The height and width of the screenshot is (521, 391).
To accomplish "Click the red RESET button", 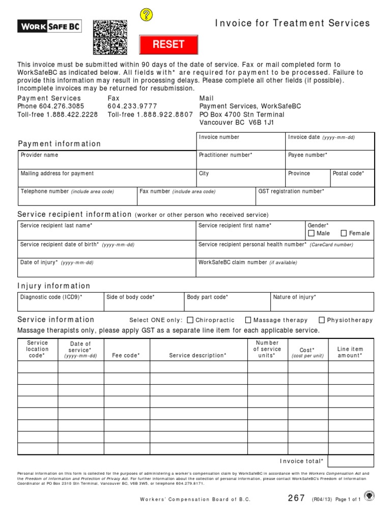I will [169, 44].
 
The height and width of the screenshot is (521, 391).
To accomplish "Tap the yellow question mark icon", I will [146, 15].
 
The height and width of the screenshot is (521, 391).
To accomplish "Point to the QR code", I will [110, 37].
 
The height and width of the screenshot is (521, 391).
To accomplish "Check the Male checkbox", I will [312, 234].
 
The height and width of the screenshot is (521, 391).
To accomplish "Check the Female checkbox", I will [344, 234].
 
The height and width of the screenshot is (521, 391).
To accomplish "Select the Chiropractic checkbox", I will [190, 320].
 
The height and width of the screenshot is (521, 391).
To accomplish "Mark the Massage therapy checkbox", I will [248, 320].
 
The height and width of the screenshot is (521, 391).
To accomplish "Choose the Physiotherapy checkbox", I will [322, 320].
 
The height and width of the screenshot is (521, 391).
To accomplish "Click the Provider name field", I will [107, 162].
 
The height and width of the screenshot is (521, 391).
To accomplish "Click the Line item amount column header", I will [350, 352].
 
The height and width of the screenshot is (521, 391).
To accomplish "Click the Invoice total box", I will [351, 461].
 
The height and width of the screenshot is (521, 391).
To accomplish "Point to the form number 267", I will [296, 498].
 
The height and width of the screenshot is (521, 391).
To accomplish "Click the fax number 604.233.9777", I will [132, 106].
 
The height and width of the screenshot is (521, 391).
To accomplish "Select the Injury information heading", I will [54, 286].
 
